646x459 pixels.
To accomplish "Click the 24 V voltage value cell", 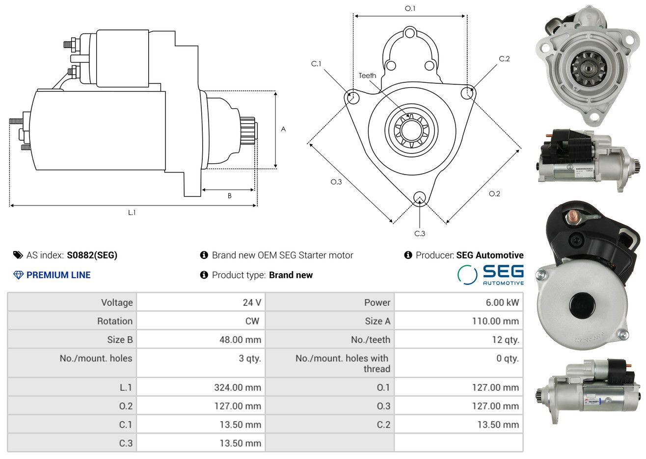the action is [x=252, y=302].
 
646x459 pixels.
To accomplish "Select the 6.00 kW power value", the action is [x=502, y=302].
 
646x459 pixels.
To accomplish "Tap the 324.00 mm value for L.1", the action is [x=238, y=387].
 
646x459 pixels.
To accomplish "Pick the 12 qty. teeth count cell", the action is [x=505, y=340].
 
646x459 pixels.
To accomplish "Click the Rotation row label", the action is [x=115, y=321].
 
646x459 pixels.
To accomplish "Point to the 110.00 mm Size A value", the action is [x=495, y=321].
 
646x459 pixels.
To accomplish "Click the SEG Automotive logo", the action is [x=490, y=275].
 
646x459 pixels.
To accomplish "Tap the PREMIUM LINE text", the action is [x=58, y=275].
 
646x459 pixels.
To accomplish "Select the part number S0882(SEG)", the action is [x=92, y=255].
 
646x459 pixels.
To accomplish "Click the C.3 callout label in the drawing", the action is [x=420, y=233].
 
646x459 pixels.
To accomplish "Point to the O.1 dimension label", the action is [x=410, y=8].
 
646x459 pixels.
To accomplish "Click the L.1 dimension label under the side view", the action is [x=132, y=213].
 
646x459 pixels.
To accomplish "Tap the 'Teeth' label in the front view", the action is [x=367, y=76].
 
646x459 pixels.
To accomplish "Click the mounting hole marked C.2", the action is [x=467, y=93].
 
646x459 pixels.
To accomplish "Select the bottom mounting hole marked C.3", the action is [x=420, y=198].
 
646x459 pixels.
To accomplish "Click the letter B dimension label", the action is [x=230, y=196].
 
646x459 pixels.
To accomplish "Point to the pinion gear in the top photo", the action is [x=589, y=69].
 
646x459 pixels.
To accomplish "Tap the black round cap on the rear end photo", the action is [x=582, y=306].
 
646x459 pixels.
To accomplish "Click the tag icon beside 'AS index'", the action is [x=18, y=255].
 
